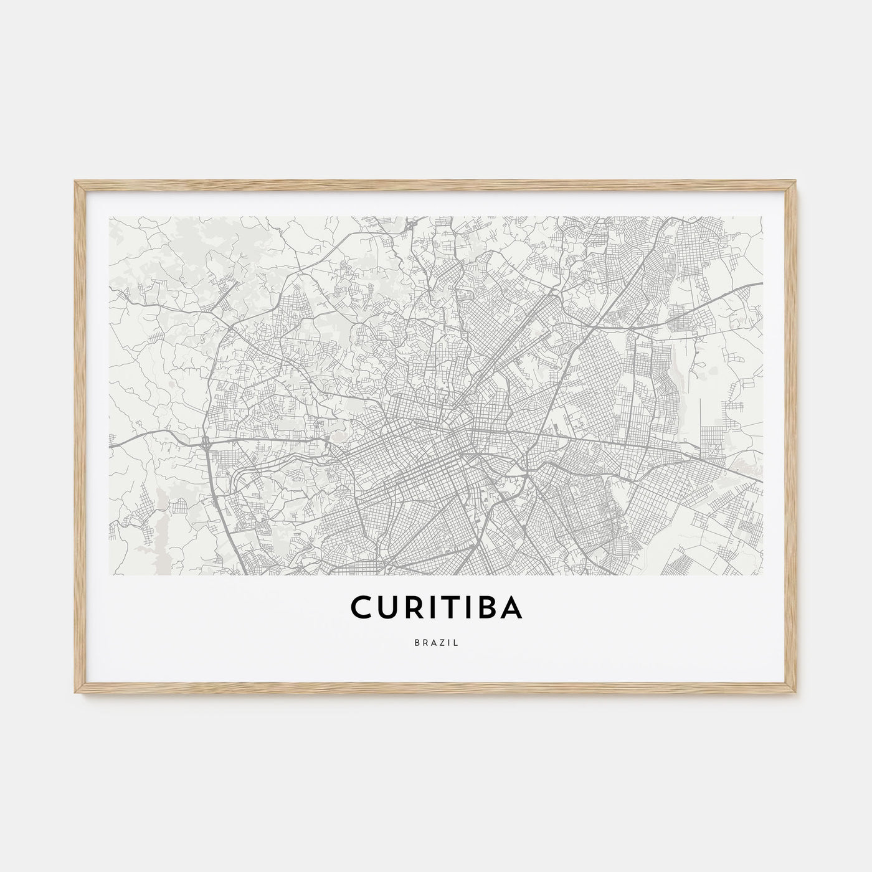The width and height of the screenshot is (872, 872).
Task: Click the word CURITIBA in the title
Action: pyautogui.click(x=436, y=607)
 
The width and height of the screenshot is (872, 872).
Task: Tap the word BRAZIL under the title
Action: pyautogui.click(x=436, y=643)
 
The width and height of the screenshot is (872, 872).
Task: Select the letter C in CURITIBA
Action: pyautogui.click(x=361, y=607)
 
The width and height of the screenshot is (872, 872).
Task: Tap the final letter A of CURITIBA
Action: pyautogui.click(x=510, y=607)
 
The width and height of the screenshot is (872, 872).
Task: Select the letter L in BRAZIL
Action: pyautogui.click(x=457, y=643)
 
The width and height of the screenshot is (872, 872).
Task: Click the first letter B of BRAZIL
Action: pyautogui.click(x=415, y=643)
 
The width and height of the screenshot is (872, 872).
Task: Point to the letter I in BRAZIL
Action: pyautogui.click(x=450, y=643)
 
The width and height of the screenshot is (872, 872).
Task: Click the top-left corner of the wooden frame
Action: pyautogui.click(x=75, y=181)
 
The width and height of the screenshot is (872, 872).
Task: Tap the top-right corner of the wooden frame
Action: pyautogui.click(x=797, y=181)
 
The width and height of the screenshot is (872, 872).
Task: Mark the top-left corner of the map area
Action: pyautogui.click(x=109, y=217)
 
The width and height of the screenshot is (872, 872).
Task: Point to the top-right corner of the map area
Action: pyautogui.click(x=763, y=217)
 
